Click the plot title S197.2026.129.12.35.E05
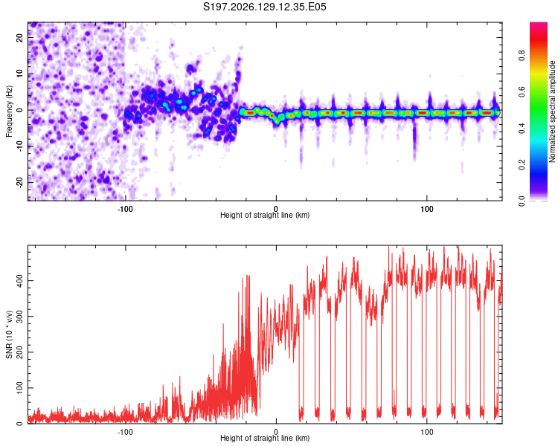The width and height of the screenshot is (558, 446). point(264,7)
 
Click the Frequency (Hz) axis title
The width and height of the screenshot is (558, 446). point(9,111)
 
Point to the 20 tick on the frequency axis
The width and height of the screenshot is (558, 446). point(20,37)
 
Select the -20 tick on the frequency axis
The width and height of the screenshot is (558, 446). point(20,182)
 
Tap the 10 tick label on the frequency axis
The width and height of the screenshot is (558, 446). point(20,74)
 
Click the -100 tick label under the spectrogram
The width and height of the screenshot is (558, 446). point(125,209)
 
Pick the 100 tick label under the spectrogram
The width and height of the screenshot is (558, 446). point(427,209)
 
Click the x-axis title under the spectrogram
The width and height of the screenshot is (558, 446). point(265,215)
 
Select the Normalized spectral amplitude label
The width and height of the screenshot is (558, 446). point(552,111)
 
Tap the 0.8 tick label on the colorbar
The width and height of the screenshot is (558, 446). point(522,56)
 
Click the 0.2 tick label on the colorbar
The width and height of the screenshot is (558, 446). point(522,165)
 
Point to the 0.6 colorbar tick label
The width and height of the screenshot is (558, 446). point(522,91)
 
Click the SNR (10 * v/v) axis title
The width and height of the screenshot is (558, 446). point(9,334)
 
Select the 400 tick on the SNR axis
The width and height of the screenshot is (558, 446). point(20,281)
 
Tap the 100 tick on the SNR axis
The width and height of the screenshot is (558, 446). point(20,388)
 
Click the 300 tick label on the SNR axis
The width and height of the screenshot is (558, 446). point(20,317)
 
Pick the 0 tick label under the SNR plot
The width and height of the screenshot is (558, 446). point(276,432)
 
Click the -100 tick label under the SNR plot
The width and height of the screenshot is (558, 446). point(125,432)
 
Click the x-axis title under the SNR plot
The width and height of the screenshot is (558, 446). point(265,438)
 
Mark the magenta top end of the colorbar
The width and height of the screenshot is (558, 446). point(539,23)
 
